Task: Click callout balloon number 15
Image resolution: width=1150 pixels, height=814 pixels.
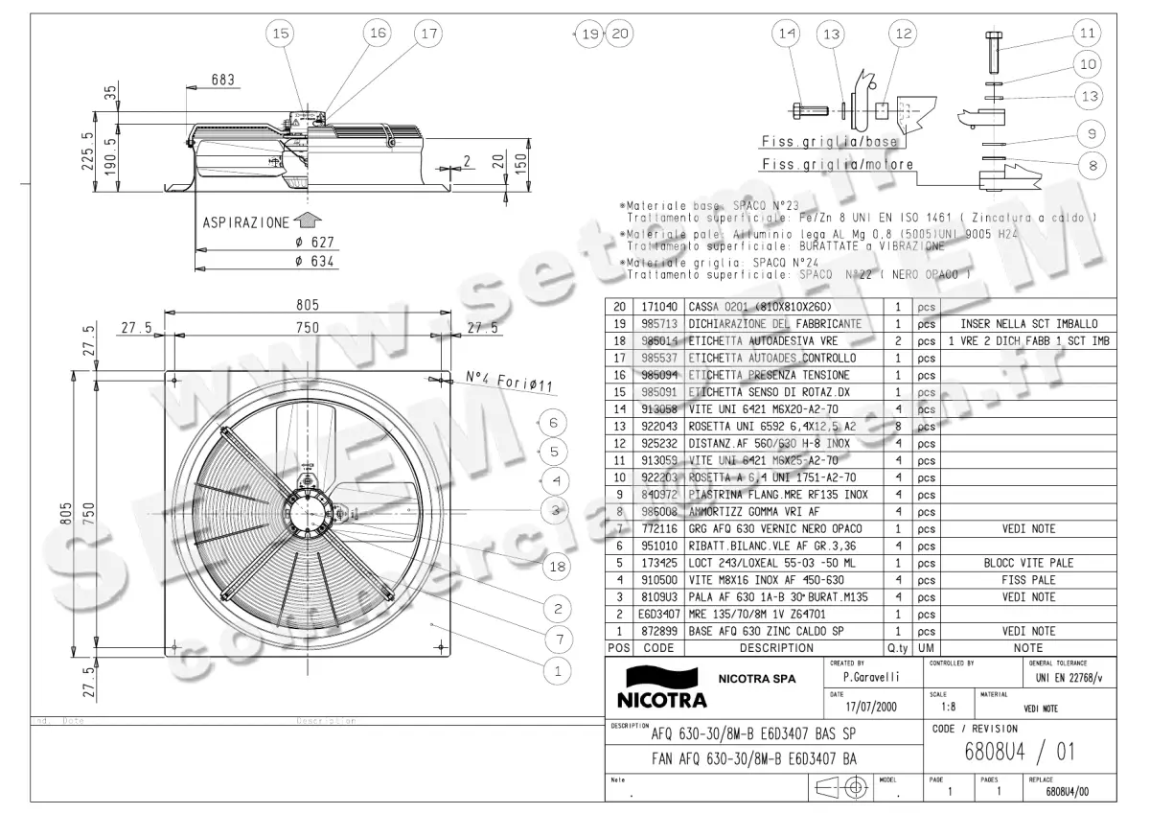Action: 280,34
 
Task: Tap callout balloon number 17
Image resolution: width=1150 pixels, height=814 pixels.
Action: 428,34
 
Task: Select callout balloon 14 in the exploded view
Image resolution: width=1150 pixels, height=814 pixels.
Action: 787,34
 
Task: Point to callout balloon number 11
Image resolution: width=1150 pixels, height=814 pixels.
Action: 1086,34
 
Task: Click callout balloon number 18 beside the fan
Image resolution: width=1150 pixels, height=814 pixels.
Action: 556,567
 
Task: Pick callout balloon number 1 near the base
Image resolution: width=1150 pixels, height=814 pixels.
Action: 556,671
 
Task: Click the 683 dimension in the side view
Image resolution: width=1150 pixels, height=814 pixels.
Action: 222,81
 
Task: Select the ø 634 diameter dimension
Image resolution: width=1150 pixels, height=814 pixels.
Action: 313,260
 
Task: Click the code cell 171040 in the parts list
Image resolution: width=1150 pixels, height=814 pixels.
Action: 659,307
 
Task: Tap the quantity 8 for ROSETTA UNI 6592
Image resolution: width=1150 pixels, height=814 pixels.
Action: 897,427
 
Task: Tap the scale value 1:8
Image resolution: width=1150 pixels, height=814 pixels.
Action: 948,708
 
